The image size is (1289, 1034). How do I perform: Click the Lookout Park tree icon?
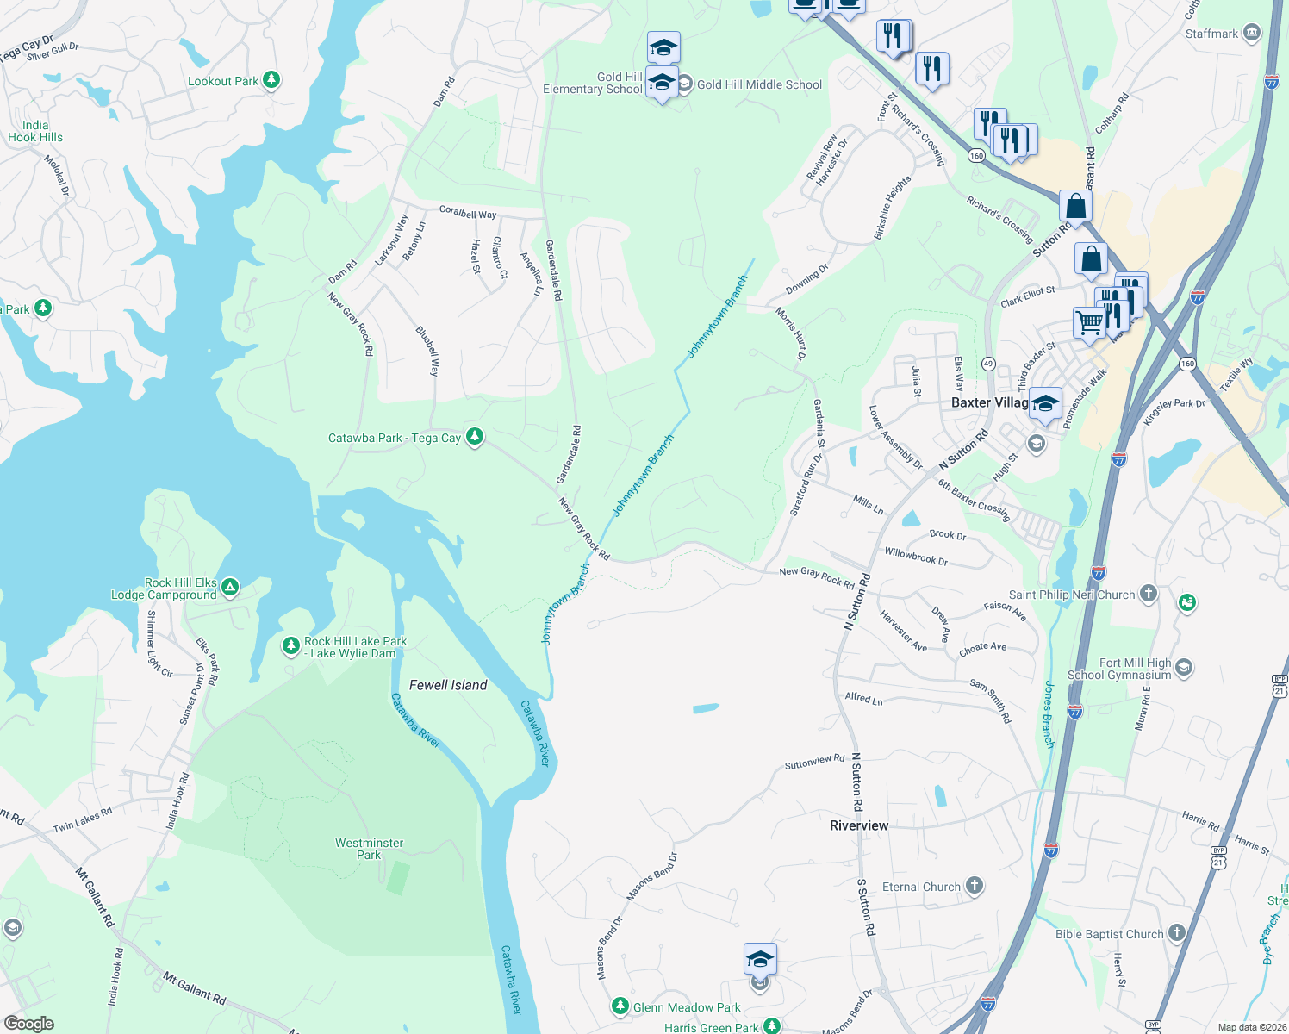point(271,80)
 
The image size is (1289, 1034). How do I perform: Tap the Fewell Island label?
point(448,685)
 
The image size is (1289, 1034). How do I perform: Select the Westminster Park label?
point(369,849)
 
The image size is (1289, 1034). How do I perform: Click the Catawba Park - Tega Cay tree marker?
point(474,437)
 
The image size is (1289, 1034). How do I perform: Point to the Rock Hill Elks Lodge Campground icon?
point(229,588)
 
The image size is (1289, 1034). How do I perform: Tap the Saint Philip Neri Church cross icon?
point(1148,594)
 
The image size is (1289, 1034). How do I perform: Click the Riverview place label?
point(859,825)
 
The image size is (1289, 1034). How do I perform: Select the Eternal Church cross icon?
point(974,886)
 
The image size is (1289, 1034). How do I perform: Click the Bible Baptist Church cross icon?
point(1177,933)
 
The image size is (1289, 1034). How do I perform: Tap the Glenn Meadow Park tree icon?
point(620,1006)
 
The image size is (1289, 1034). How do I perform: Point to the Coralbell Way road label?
point(468,212)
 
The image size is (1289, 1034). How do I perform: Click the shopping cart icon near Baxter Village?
point(1089,323)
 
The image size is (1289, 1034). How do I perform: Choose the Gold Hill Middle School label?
point(759,84)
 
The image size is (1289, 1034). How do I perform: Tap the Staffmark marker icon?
point(1252,34)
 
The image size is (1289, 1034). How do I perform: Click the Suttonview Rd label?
point(814,762)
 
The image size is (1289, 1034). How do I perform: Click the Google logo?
point(29,1023)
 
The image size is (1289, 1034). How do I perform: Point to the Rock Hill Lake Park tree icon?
point(291,645)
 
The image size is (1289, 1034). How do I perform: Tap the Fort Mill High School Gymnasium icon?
point(1184,667)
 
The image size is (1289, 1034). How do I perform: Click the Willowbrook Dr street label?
point(916,557)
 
